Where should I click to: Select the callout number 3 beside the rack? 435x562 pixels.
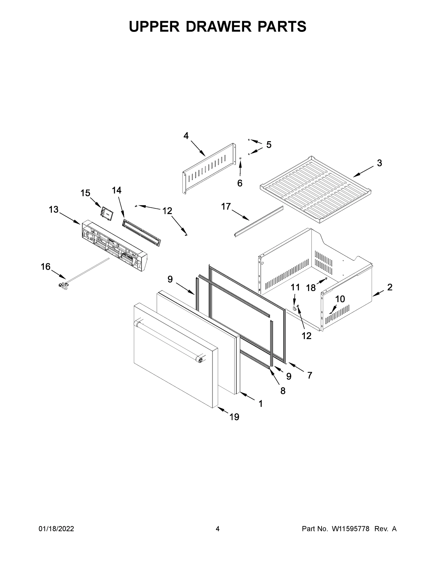pyautogui.click(x=379, y=163)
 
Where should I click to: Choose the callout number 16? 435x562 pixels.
pyautogui.click(x=46, y=266)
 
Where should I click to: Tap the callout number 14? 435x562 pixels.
pyautogui.click(x=117, y=190)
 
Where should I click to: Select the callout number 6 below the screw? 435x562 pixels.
pyautogui.click(x=240, y=183)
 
